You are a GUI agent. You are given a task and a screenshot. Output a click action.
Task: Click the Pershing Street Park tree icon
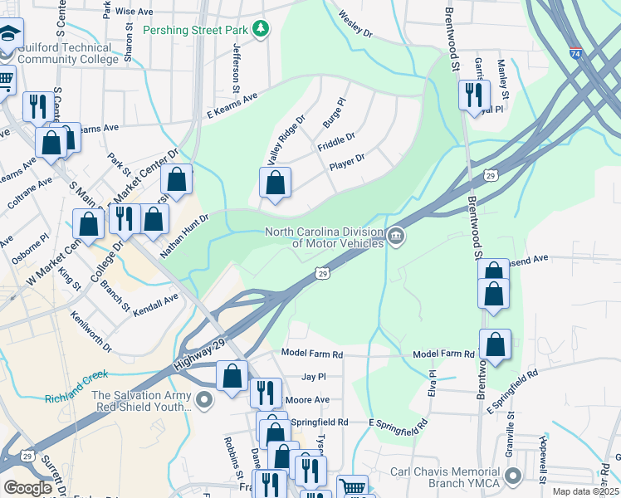pos(262,29)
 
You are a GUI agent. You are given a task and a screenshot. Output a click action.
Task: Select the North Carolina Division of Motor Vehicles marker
pos(397,237)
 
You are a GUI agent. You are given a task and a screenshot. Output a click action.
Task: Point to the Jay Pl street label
pos(314,376)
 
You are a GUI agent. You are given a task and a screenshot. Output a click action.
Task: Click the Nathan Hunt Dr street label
pos(183,235)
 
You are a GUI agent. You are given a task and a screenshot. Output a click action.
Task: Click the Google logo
pos(27,488)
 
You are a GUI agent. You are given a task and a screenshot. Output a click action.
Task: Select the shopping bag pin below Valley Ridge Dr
pos(276,183)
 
